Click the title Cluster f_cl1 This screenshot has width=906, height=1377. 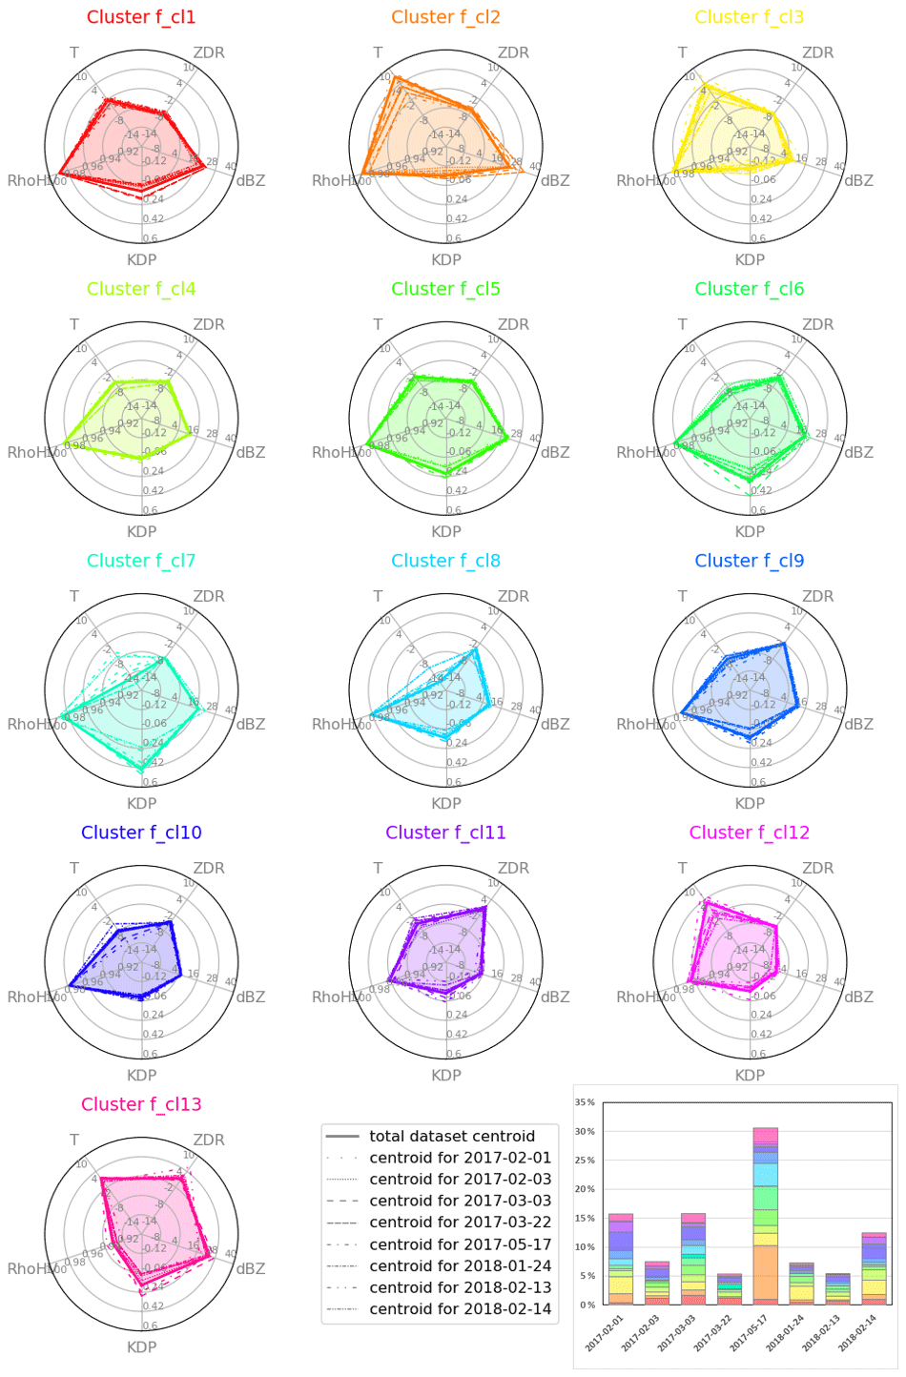click(141, 17)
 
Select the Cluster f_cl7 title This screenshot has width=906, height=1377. click(141, 561)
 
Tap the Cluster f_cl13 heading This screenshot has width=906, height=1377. click(141, 1104)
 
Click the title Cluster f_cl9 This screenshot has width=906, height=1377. click(750, 561)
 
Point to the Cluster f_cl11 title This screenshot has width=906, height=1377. click(445, 832)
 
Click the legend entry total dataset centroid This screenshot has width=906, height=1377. click(452, 1136)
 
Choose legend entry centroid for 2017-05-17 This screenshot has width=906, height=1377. click(460, 1244)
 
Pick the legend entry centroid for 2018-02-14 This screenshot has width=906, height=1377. click(460, 1309)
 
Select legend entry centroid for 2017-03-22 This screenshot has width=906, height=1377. click(460, 1223)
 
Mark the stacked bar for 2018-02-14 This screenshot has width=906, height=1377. click(874, 1269)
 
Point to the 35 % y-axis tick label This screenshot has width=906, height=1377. click(585, 1102)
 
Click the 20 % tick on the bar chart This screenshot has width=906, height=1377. click(585, 1189)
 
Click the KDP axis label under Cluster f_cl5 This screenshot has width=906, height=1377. click(445, 531)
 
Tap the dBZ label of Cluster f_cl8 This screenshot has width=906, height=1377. click(555, 724)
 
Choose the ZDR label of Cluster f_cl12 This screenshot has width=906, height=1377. click(817, 868)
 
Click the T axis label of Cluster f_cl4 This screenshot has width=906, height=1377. click(74, 324)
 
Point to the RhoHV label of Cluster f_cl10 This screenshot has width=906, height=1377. click(29, 997)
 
